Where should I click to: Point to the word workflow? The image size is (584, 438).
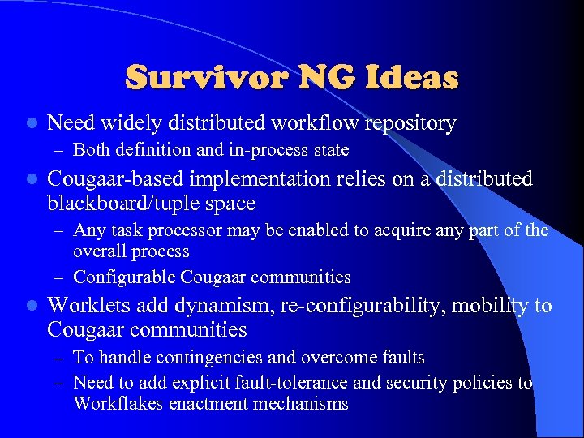[318, 123]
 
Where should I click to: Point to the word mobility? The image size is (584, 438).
[485, 305]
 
